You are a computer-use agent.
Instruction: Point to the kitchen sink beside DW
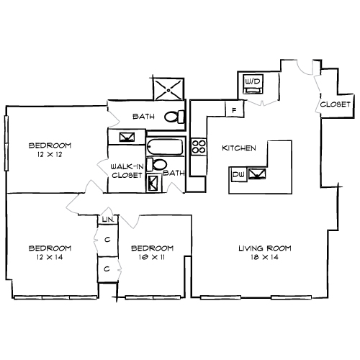point(256,173)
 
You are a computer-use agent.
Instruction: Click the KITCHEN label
point(238,148)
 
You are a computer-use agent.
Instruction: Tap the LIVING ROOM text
point(264,248)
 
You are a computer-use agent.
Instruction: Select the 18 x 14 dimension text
point(264,257)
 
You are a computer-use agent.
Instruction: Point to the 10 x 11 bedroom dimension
point(153,257)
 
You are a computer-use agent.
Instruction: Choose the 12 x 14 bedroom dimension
point(50,257)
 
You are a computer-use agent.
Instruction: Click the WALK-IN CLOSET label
point(127,170)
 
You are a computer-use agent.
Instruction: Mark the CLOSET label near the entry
point(335,104)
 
